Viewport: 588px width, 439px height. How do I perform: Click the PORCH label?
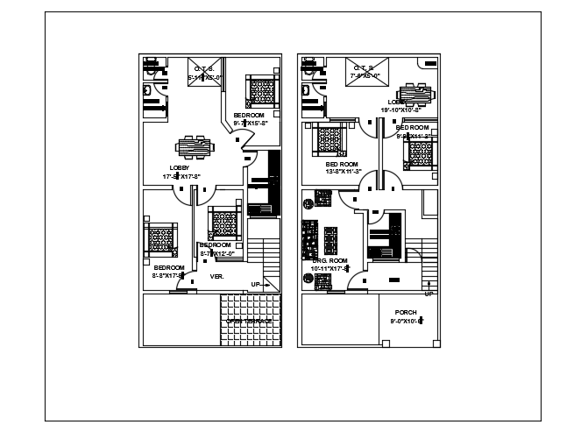[x=406, y=312]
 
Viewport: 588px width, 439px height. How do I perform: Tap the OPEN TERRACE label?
[x=251, y=322]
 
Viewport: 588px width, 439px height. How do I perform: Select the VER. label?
[x=217, y=276]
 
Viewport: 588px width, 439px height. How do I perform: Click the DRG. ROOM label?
[x=330, y=260]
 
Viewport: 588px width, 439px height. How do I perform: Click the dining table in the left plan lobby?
[x=193, y=145]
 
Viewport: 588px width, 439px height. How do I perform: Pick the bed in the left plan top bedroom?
[x=260, y=90]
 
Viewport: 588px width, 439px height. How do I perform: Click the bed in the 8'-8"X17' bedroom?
[x=160, y=238]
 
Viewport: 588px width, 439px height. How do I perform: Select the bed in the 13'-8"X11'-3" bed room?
[x=330, y=140]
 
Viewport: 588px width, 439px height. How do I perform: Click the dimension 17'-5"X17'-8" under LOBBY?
[x=181, y=177]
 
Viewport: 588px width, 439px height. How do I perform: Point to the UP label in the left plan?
[x=256, y=284]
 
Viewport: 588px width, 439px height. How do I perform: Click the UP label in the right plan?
[x=429, y=294]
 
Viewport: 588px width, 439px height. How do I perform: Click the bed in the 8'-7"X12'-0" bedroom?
[x=223, y=222]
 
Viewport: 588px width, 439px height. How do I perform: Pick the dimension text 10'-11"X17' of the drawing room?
[x=330, y=268]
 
